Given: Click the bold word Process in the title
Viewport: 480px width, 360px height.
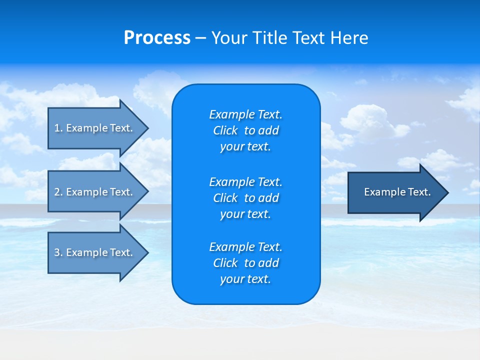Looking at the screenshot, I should (x=157, y=38).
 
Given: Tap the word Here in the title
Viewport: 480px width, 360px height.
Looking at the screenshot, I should (x=350, y=38).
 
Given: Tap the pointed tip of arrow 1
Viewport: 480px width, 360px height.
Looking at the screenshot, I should (x=146, y=128).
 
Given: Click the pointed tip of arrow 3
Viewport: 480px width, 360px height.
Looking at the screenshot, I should (x=146, y=252).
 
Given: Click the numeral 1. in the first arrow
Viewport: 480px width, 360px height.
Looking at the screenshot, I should (x=58, y=128).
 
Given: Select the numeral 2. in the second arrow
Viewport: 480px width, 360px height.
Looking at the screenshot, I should (x=58, y=192).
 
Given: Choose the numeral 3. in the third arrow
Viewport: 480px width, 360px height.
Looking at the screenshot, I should (x=58, y=252).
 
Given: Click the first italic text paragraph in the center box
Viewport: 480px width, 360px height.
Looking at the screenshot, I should (x=245, y=130).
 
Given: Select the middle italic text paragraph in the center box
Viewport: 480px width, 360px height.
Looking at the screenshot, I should (x=245, y=198).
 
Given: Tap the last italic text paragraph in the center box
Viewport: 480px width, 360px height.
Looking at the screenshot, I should (x=245, y=263).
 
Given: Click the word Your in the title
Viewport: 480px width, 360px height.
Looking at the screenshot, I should (x=229, y=38).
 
